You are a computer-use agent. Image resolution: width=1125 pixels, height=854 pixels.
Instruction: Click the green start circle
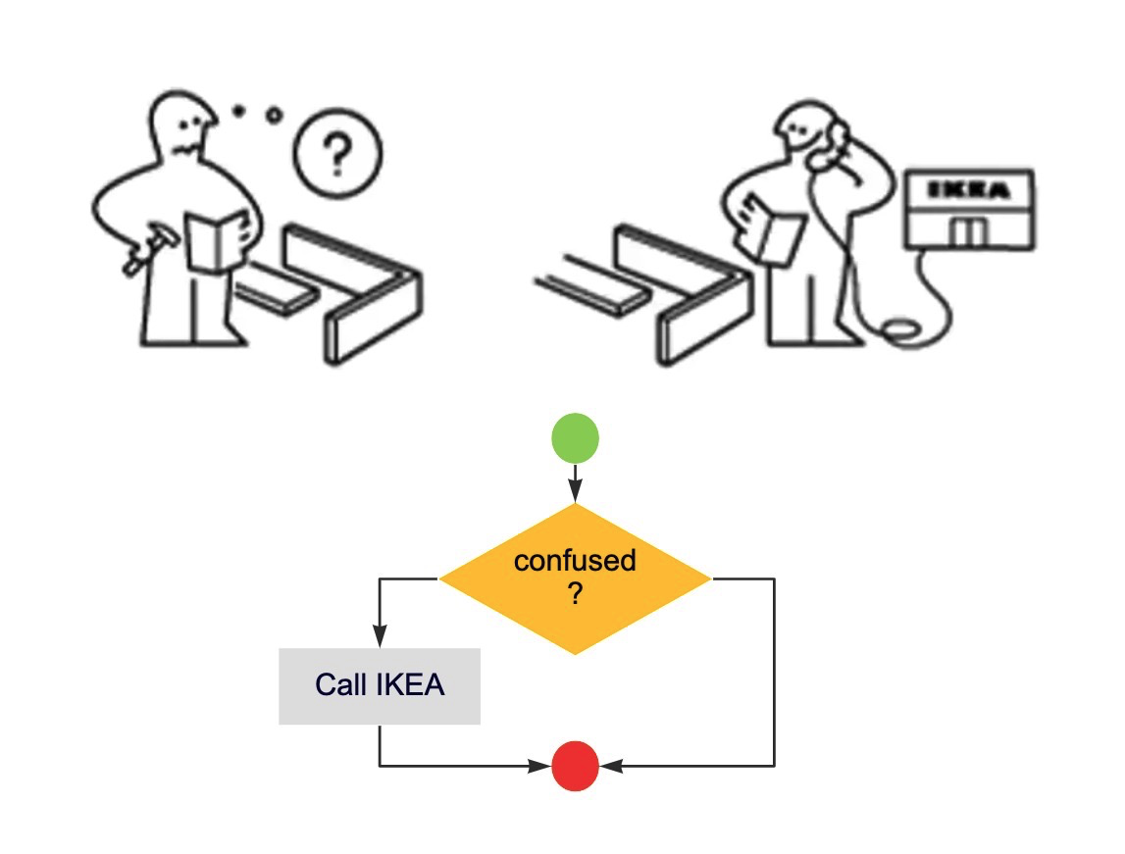575,438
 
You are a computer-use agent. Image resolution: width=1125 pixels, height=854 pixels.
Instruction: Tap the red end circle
575,765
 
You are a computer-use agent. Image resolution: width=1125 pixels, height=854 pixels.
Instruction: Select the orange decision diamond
575,578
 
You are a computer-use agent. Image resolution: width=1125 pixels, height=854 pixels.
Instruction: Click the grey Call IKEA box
380,686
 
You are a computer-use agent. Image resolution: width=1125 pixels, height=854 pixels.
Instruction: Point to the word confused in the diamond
575,561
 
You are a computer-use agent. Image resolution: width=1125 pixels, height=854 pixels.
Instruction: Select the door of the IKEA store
971,233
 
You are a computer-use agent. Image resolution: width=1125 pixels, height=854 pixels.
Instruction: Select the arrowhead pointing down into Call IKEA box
380,638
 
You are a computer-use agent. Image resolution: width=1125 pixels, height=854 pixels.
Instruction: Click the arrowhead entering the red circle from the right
608,765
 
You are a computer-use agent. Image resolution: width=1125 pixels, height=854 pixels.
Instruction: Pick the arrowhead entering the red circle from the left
541,765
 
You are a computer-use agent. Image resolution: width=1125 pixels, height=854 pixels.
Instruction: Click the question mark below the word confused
575,593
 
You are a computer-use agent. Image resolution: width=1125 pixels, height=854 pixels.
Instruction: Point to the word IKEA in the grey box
411,685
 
